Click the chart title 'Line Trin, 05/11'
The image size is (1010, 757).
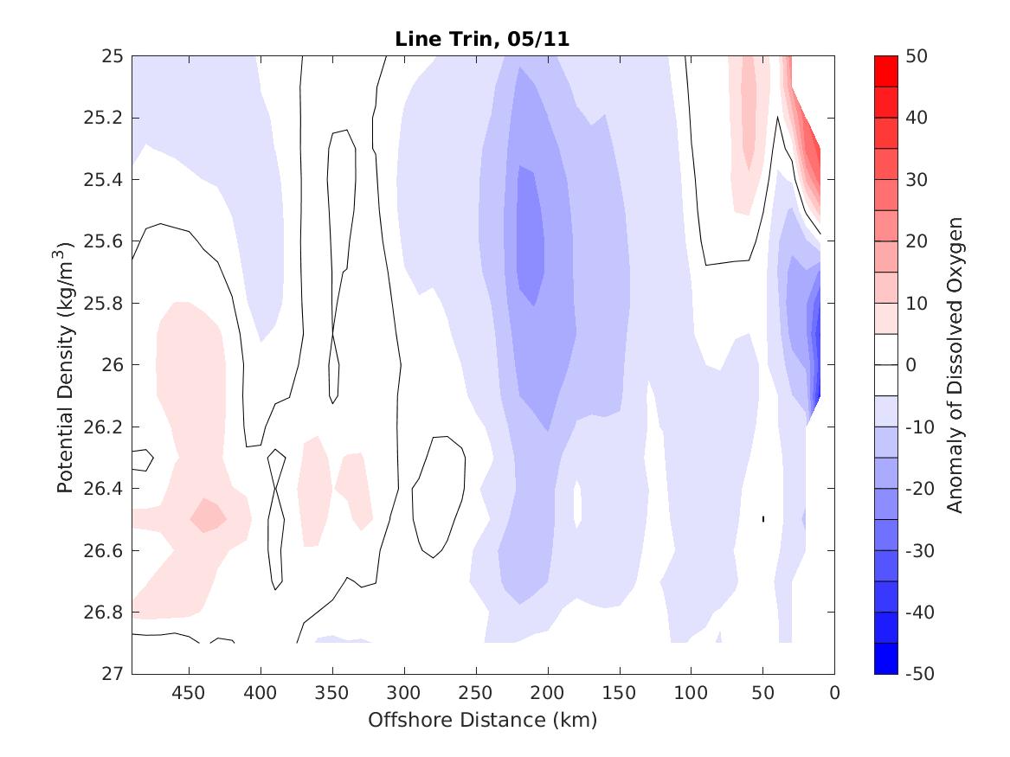482,39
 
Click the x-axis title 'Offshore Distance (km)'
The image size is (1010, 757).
482,720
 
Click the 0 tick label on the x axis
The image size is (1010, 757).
834,693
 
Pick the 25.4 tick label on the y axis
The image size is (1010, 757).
106,180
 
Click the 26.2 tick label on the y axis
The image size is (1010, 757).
106,427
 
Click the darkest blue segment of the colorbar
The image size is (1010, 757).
885,658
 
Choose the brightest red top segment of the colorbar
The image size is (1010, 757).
885,71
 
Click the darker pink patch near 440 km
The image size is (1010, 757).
208,516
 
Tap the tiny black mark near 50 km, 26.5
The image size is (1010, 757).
762,518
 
